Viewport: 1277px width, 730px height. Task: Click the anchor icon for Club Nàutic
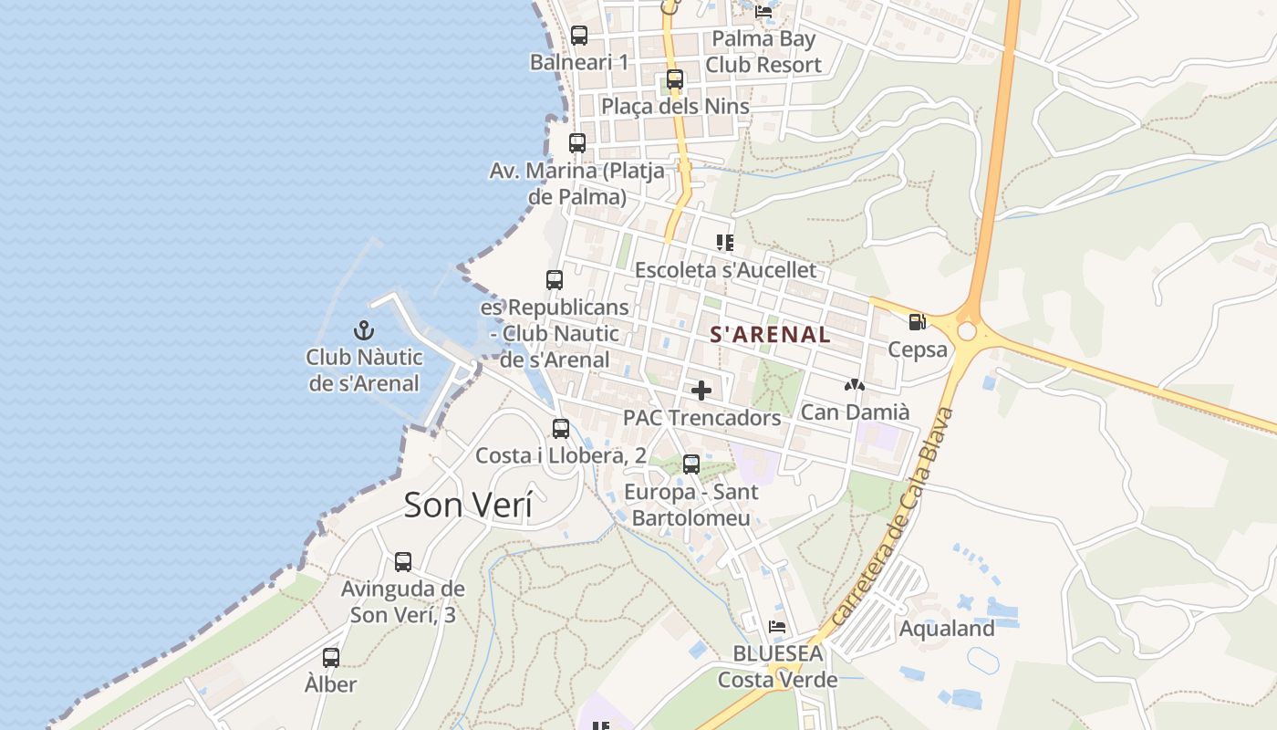pos(364,330)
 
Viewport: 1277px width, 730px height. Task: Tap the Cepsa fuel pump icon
pos(917,322)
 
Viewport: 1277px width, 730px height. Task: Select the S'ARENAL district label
pos(770,335)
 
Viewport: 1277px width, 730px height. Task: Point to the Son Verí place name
pos(467,505)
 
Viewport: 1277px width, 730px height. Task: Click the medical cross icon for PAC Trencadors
pos(701,391)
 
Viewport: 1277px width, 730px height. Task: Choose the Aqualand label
pos(946,629)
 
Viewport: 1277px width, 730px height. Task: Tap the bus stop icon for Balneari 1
pos(579,36)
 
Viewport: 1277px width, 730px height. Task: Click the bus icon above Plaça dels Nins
pos(675,79)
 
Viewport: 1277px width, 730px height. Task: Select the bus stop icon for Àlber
pos(331,657)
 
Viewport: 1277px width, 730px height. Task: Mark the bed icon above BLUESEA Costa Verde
pos(777,627)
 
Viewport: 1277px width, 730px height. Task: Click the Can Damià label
pos(855,412)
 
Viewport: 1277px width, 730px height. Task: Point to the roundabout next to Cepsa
pos(967,331)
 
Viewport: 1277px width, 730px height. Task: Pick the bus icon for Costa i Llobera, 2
pos(561,428)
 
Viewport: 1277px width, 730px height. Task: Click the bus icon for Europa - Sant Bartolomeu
pos(691,464)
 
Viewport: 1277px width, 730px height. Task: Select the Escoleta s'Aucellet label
pos(725,271)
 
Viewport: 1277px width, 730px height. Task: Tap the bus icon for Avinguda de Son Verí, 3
pos(403,562)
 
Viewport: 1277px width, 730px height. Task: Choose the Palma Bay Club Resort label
pos(763,52)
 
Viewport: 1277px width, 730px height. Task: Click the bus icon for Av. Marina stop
pos(577,143)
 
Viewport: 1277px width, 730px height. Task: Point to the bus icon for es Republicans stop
pos(555,280)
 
